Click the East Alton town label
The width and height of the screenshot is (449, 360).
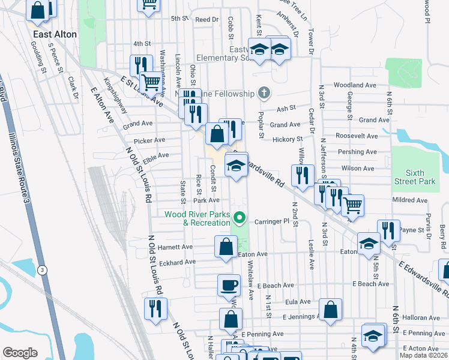click(x=55, y=34)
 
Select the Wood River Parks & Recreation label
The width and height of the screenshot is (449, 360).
click(x=199, y=218)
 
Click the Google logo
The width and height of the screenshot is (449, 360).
click(x=20, y=353)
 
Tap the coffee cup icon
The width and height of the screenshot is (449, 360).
click(x=228, y=284)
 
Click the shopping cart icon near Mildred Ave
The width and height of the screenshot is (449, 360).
click(x=352, y=205)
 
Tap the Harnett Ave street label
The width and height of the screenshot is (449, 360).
click(x=176, y=247)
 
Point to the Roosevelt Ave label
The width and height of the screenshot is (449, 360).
click(x=357, y=136)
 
